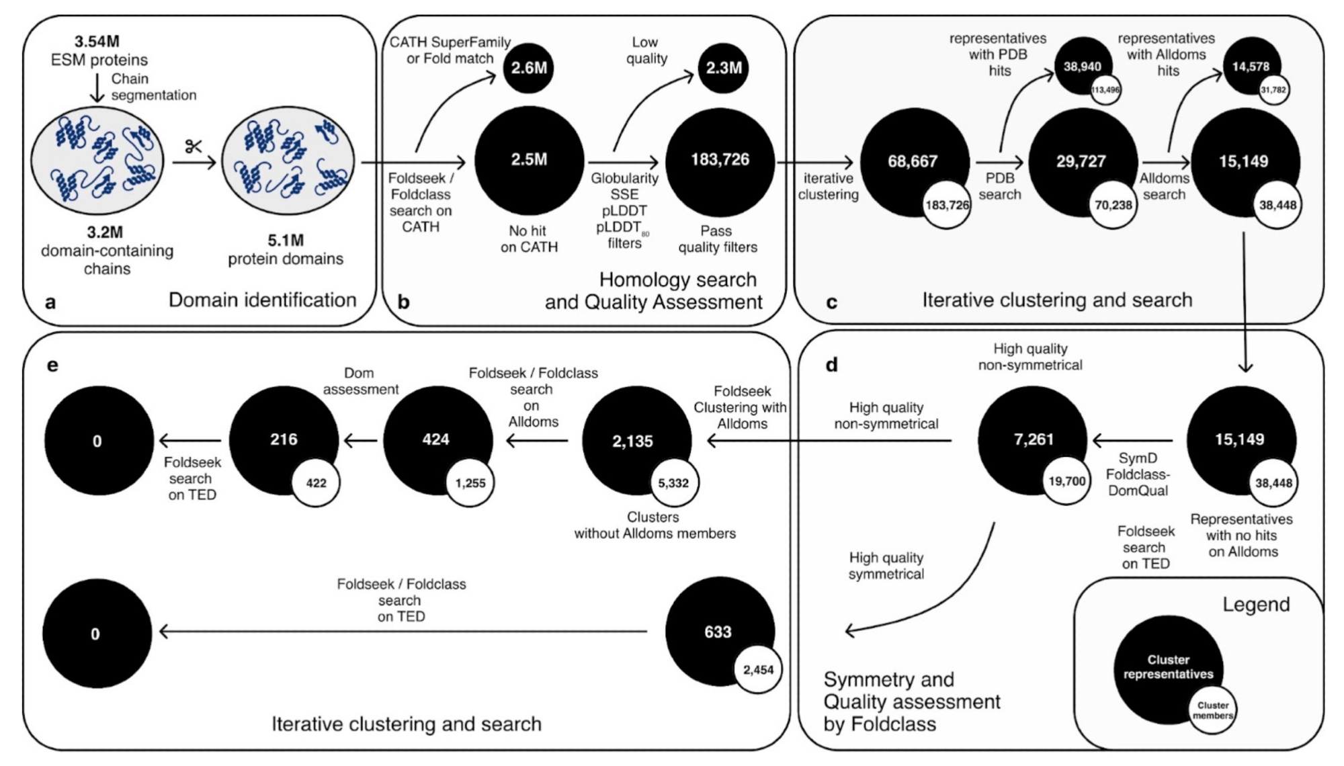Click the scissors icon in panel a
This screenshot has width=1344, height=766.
pos(194,146)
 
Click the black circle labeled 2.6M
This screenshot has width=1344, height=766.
pos(529,68)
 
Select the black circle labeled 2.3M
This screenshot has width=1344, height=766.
pos(723,68)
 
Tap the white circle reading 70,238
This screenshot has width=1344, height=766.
pos(1114,205)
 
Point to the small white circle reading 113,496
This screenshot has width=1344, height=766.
pos(1105,90)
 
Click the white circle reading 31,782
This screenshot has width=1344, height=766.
pos(1273,90)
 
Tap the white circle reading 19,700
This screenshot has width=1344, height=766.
pos(1066,481)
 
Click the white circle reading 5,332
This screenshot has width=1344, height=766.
pos(673,482)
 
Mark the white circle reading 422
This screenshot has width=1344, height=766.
pos(316,482)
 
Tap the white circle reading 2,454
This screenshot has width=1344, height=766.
pos(758,669)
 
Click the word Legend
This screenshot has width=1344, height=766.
pos(1256,605)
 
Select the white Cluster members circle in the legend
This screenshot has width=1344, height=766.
pos(1212,710)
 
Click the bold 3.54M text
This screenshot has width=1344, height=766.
pos(97,42)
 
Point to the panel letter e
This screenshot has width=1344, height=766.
pos(52,365)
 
